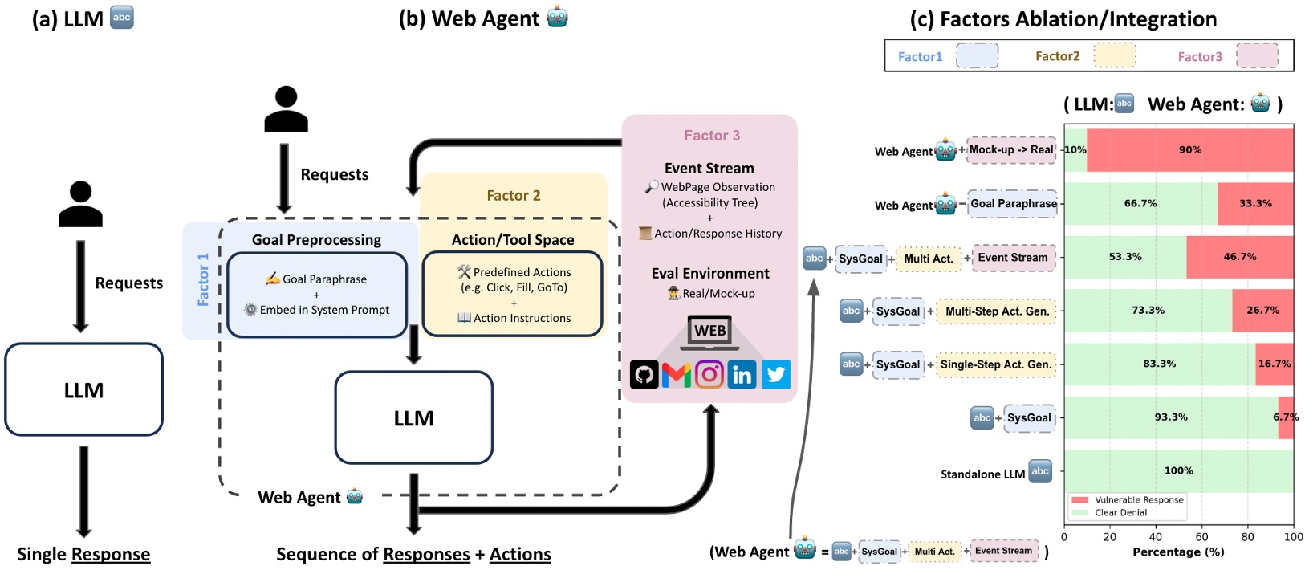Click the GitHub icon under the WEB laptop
click(x=644, y=375)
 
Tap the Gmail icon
click(x=677, y=375)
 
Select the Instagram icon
click(x=709, y=375)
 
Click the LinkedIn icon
click(x=742, y=375)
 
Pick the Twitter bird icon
click(x=775, y=375)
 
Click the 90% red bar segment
click(x=1189, y=150)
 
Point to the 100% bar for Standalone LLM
click(x=1178, y=471)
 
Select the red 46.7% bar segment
click(x=1239, y=257)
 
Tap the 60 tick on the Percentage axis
click(x=1201, y=537)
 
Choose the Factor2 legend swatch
click(x=1115, y=56)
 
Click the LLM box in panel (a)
click(x=84, y=390)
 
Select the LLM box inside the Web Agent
click(x=413, y=418)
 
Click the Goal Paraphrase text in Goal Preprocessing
click(x=324, y=279)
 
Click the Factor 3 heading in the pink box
click(x=712, y=136)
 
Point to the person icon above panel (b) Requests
click(x=286, y=110)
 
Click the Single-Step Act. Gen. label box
click(x=995, y=364)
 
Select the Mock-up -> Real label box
click(x=1010, y=150)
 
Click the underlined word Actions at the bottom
click(x=520, y=555)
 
